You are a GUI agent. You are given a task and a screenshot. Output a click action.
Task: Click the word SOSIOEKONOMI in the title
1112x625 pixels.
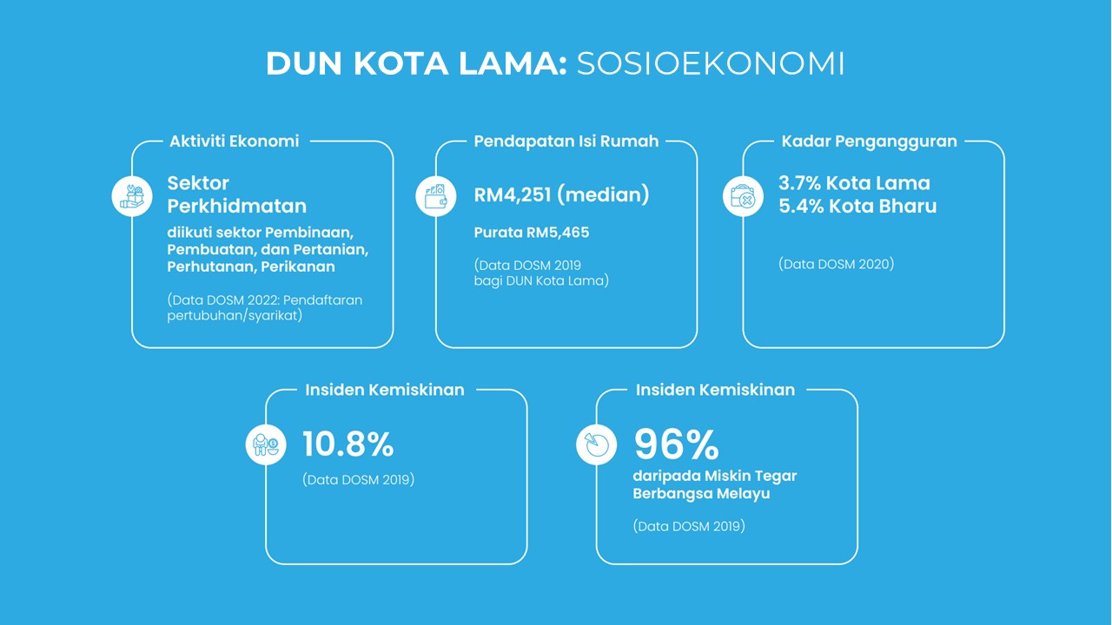711,63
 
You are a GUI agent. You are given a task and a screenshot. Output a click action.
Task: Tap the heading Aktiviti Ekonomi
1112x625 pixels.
235,141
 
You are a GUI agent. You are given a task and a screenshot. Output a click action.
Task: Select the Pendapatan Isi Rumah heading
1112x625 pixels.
566,141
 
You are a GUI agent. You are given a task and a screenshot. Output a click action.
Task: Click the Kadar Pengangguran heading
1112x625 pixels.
870,141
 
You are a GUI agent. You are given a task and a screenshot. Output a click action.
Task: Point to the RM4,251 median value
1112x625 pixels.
561,194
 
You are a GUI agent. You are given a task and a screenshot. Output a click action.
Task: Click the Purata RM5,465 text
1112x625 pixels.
532,233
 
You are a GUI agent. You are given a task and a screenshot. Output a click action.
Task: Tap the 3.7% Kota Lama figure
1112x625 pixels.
854,183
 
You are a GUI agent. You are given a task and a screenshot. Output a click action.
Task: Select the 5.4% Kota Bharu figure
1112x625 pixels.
857,206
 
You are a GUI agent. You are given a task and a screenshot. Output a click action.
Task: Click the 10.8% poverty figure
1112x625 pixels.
348,444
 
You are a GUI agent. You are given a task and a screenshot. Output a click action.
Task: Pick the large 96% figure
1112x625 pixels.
676,444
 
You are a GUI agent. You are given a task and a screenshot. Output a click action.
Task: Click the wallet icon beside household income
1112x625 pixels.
436,196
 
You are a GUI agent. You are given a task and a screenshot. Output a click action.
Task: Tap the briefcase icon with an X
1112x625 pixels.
743,196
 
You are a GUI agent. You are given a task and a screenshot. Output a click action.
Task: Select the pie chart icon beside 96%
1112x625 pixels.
596,444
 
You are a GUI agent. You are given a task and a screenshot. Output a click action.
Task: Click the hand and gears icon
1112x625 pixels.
132,196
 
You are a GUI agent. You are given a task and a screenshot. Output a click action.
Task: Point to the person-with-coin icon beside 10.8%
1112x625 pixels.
266,444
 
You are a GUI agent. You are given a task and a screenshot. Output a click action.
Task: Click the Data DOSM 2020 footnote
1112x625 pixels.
837,264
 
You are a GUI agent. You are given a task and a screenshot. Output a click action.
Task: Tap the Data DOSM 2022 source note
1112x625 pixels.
265,307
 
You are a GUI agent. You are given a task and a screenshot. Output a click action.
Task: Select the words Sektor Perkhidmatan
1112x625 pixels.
237,194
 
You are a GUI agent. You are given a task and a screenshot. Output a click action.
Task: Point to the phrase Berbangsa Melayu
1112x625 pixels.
701,494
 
